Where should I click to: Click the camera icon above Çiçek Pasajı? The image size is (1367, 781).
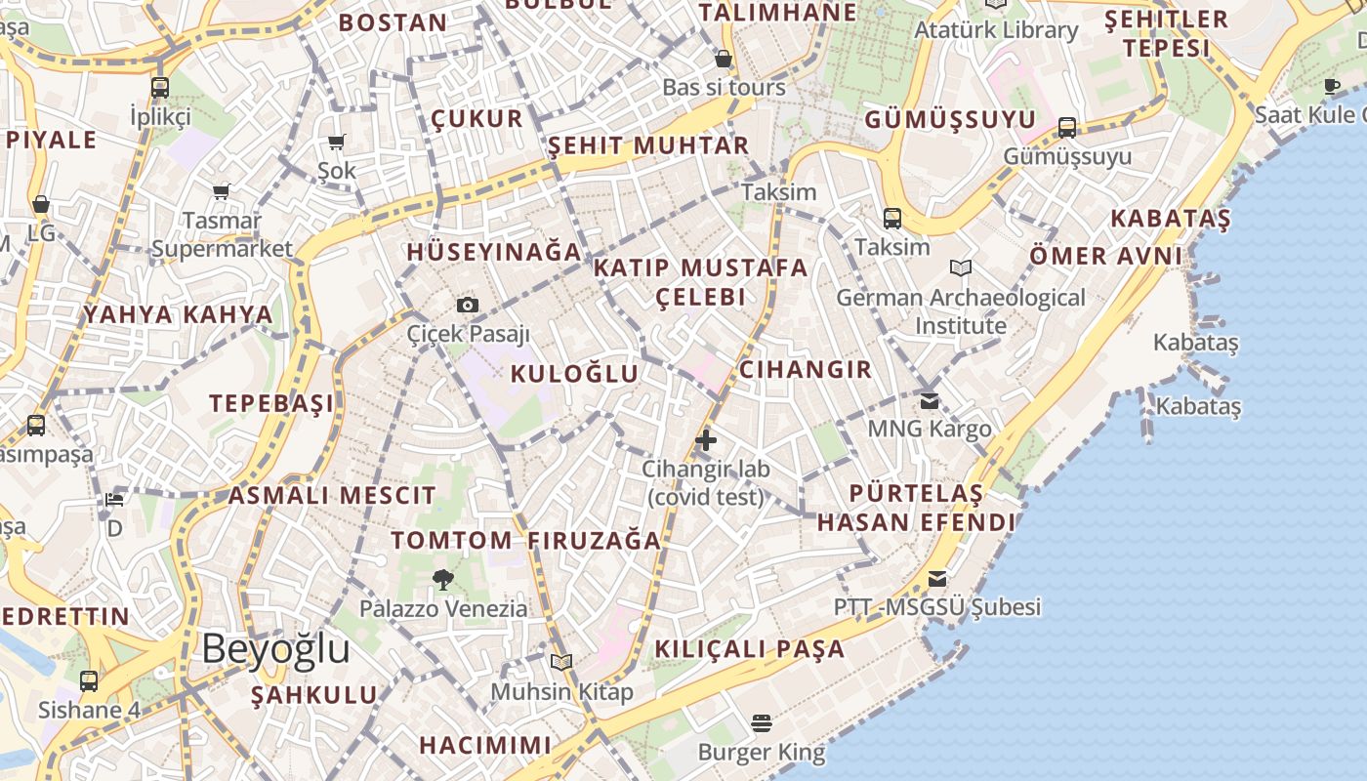pos(468,305)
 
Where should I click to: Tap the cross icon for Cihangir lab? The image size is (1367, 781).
pos(705,440)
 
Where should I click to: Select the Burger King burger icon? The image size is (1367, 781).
pos(762,723)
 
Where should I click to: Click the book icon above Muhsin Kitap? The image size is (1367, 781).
pos(561,663)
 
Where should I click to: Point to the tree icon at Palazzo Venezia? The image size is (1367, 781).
pos(443,580)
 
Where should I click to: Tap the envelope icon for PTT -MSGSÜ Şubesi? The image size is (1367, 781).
pos(937,579)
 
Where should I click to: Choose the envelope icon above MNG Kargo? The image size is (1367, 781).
pos(930,400)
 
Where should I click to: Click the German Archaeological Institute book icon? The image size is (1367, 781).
pos(961,267)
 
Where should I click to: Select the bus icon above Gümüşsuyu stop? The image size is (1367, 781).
pos(1067,128)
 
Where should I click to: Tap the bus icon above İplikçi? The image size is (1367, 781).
pos(160,88)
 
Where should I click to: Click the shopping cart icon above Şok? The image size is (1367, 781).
pos(337,143)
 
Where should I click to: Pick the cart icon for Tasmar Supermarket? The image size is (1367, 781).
pos(222,191)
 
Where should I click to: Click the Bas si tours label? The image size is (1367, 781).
pos(724,87)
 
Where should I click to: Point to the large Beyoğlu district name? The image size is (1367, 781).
pos(276,648)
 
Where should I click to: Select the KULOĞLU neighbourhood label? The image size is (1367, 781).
pos(574,373)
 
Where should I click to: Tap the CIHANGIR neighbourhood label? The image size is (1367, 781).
pos(806,369)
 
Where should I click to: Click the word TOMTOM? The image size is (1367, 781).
pos(451,540)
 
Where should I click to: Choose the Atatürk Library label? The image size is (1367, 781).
pos(996,30)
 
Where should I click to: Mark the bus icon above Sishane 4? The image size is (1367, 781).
pos(89,680)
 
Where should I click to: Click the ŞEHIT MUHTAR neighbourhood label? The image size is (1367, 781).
pos(648,145)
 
